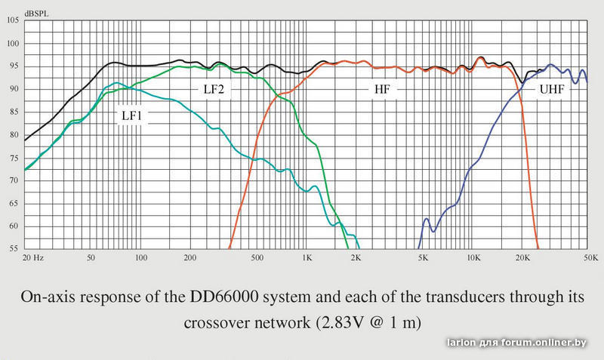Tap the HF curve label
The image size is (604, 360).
383,89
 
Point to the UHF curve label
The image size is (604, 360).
550,89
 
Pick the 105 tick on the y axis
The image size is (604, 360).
13,20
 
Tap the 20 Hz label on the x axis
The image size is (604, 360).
34,258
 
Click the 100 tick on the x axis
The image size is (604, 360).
140,258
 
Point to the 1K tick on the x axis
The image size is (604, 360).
307,258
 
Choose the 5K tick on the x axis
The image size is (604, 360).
423,258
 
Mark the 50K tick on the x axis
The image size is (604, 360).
590,258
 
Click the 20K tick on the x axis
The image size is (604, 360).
522,258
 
